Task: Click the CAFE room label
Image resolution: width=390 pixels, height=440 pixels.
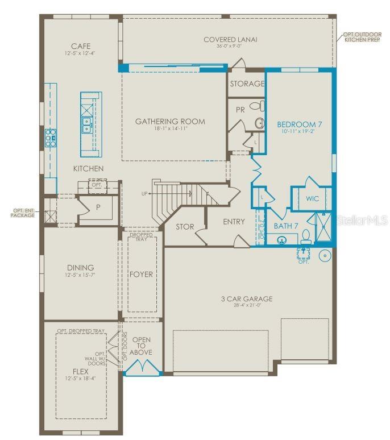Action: click(81, 46)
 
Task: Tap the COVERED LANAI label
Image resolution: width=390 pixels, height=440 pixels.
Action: click(230, 39)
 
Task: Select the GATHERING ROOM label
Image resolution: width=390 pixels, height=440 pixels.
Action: click(170, 121)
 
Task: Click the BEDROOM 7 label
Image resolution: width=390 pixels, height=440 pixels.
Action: click(300, 124)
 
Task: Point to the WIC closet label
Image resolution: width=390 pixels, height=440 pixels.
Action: click(313, 199)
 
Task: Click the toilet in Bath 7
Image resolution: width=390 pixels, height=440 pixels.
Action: click(306, 235)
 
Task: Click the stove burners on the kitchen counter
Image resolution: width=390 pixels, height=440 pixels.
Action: click(51, 137)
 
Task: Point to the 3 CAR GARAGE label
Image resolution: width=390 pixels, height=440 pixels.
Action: click(247, 298)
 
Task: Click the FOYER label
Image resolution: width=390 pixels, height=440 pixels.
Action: click(141, 274)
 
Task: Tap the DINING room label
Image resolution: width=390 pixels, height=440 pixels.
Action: click(80, 268)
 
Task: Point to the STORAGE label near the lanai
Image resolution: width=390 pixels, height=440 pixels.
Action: click(247, 84)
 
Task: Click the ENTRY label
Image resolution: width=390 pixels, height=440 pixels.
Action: click(234, 222)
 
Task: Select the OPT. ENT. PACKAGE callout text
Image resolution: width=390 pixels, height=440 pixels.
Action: click(23, 213)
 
